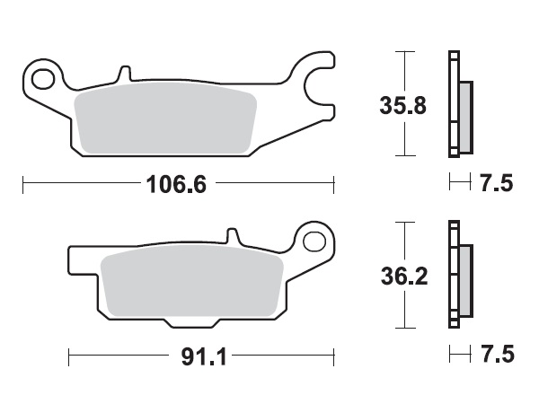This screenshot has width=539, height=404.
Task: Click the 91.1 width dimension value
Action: click(x=201, y=356)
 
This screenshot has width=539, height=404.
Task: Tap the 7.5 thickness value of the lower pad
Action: click(x=496, y=356)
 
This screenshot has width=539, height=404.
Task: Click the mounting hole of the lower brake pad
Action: click(x=314, y=241)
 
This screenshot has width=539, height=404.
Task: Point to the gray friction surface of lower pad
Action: click(x=189, y=282)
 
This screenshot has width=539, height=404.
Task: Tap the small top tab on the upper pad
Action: click(x=124, y=71)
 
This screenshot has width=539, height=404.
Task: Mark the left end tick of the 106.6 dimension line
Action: click(x=22, y=186)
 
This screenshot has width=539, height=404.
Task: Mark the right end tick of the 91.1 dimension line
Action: click(x=333, y=356)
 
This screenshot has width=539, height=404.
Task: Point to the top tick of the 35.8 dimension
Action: click(x=407, y=53)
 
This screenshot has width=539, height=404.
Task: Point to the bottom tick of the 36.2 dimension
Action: click(x=407, y=328)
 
